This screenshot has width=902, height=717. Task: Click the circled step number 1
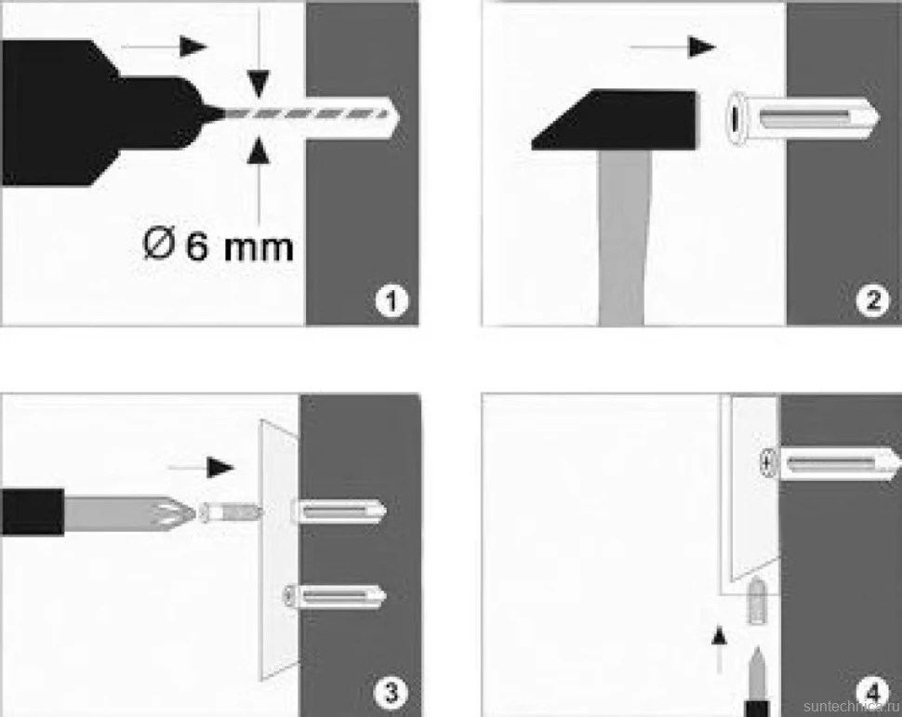click(391, 299)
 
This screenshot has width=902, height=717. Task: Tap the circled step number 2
click(872, 299)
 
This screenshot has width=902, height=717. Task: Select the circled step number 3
click(391, 691)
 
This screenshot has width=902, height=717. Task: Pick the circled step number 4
click(872, 691)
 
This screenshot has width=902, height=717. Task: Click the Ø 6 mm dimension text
click(218, 246)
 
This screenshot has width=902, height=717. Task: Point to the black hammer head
click(614, 120)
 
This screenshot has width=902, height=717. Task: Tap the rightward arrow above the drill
click(164, 46)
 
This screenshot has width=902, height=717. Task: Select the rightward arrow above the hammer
click(672, 47)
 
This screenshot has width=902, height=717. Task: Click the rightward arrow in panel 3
click(201, 467)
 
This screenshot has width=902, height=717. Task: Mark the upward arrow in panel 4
click(719, 650)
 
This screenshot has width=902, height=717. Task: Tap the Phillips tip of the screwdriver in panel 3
click(171, 511)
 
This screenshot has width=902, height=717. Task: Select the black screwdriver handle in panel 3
click(32, 511)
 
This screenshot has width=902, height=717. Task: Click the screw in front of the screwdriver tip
click(230, 511)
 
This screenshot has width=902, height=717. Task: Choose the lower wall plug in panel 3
click(334, 596)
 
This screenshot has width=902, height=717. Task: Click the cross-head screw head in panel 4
click(768, 461)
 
